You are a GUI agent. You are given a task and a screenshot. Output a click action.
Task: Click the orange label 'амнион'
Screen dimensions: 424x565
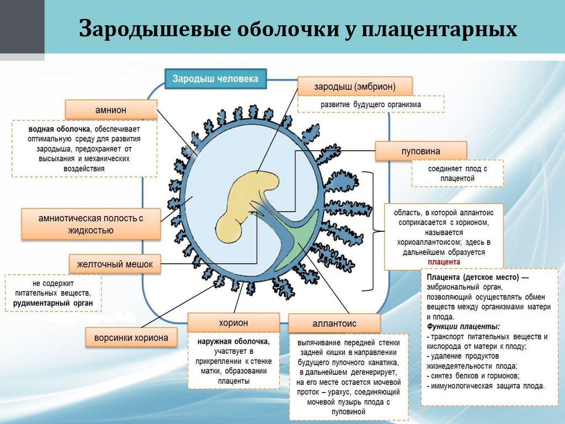point(110,110)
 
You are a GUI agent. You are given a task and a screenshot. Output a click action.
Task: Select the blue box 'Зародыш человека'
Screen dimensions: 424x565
point(215,78)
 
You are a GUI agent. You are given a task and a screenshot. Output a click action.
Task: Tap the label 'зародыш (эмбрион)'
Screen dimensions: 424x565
point(355,87)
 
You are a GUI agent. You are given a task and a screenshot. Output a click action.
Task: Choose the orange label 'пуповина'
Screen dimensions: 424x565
point(420,151)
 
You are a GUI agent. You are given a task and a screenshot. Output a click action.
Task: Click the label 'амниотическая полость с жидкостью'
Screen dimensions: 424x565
point(91,224)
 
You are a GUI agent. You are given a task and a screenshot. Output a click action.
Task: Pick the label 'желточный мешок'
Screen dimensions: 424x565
point(115,264)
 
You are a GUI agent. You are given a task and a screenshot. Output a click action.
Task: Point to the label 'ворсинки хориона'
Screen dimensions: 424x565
point(131,337)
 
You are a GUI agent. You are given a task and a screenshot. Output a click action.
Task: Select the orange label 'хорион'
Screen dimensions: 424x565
point(233,322)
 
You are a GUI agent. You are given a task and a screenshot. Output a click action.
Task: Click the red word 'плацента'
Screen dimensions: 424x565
point(444,262)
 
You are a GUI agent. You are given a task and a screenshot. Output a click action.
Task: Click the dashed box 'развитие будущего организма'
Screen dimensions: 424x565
point(371,104)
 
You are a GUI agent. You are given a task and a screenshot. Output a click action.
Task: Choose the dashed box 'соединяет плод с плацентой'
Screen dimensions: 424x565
point(457,173)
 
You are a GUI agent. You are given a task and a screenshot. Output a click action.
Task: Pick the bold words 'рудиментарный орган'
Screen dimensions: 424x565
point(53,303)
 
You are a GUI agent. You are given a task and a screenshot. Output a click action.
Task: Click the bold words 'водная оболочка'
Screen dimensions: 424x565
point(56,129)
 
